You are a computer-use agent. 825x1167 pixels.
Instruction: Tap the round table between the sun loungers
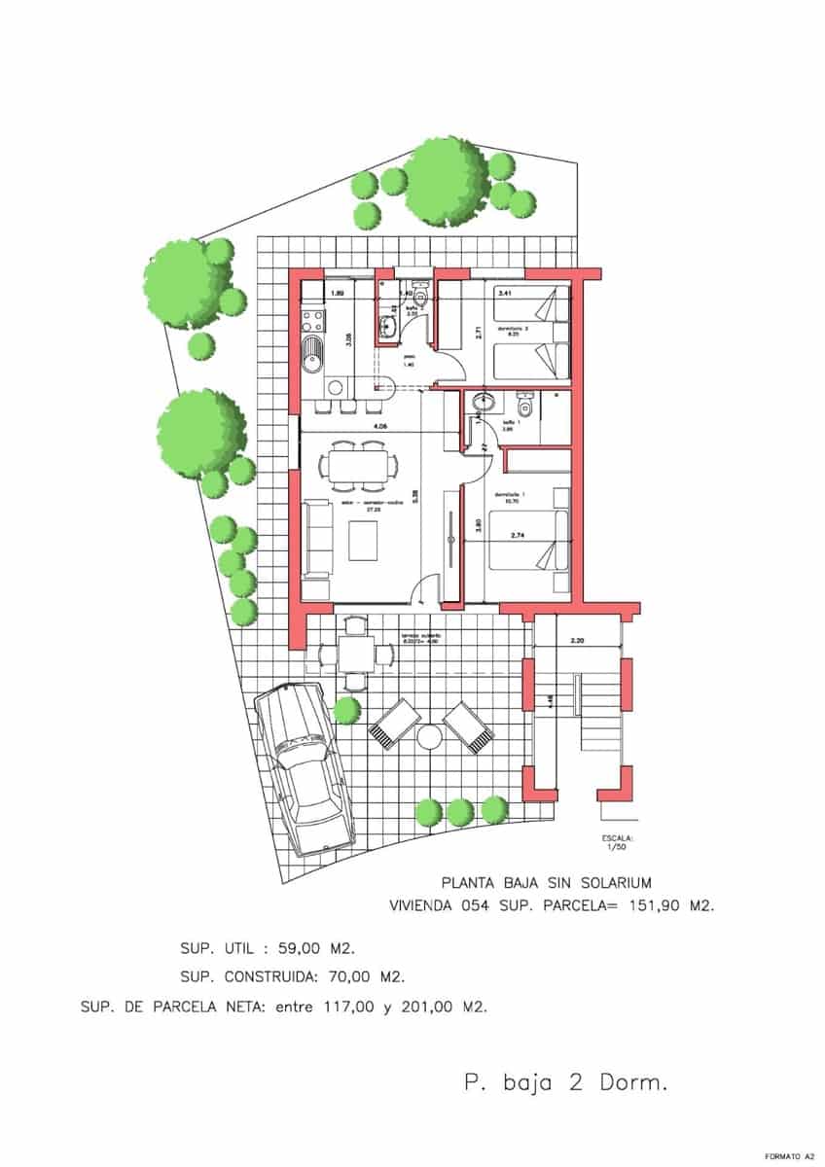pyautogui.click(x=429, y=736)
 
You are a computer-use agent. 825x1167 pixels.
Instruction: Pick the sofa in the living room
pyautogui.click(x=315, y=540)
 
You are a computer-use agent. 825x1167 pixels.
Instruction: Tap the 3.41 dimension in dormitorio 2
pyautogui.click(x=505, y=292)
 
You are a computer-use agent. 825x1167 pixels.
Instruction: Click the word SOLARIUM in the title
pyautogui.click(x=610, y=883)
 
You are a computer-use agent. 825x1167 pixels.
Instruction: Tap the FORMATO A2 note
pyautogui.click(x=789, y=1156)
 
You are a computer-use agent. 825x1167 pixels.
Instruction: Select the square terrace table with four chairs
pyautogui.click(x=354, y=656)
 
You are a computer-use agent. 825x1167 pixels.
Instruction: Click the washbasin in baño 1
pyautogui.click(x=479, y=404)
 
